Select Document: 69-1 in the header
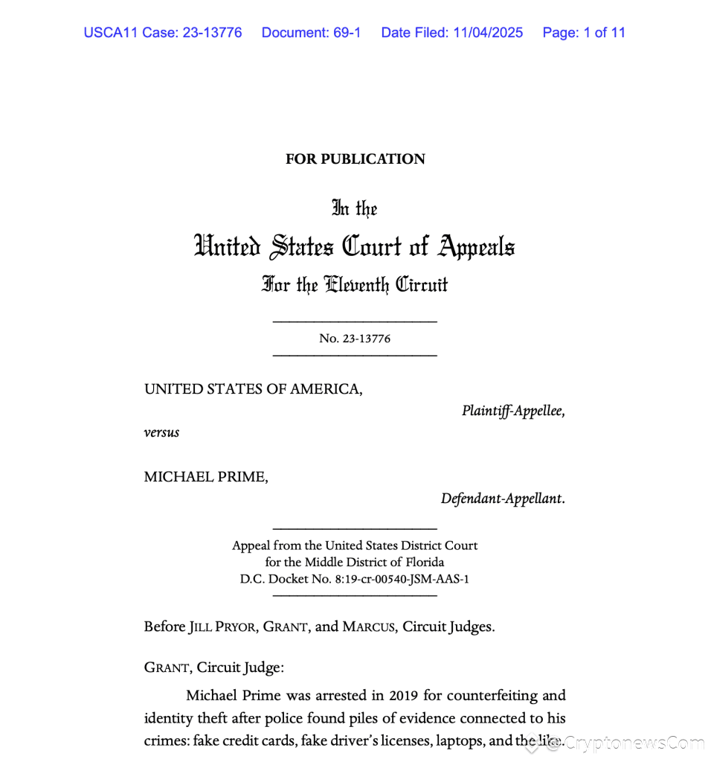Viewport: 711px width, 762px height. coord(311,33)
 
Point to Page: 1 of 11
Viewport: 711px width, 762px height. coord(584,33)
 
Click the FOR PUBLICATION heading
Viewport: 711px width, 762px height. coord(355,159)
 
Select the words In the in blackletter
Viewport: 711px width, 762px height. coord(355,208)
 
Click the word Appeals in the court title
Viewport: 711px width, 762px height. coord(477,246)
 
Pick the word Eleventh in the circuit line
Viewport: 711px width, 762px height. coord(353,284)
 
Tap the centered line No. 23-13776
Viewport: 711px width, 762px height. coord(355,339)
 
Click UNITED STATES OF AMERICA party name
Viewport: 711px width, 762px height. coord(254,388)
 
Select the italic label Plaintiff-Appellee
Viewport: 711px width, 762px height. coord(512,410)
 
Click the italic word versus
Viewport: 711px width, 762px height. coord(161,432)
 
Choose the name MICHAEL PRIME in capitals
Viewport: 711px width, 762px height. coord(206,476)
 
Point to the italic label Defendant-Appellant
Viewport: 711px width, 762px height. coord(502,499)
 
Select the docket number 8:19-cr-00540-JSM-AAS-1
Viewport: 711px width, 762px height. coord(385,579)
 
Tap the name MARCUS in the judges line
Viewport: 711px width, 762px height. coord(368,627)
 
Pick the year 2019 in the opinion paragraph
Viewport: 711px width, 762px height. coord(406,696)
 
